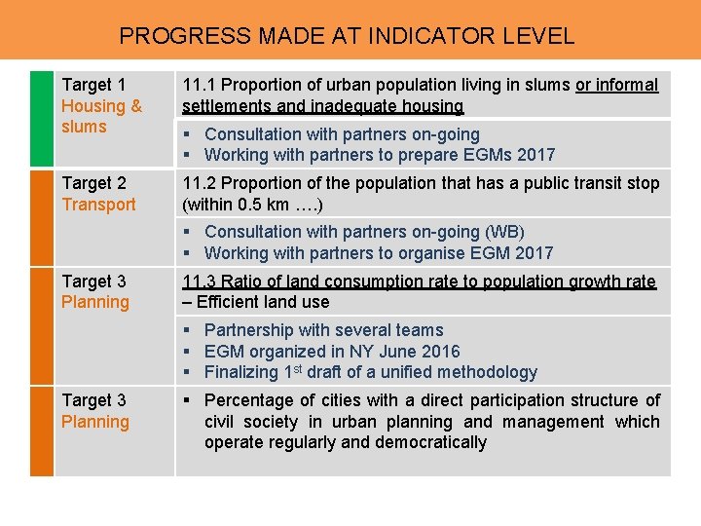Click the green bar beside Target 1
coord(42,117)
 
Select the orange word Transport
coord(98,205)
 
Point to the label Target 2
coord(93,183)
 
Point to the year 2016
coord(439,352)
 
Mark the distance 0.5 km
coord(266,205)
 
